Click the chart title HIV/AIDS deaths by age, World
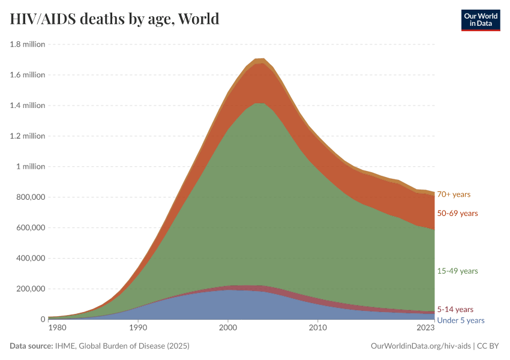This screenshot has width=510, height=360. point(115,19)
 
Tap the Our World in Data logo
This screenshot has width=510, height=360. point(480,19)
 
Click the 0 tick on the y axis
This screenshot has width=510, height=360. point(42,319)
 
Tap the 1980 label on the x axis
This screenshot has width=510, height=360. point(57,328)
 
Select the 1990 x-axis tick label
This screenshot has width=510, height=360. point(138,328)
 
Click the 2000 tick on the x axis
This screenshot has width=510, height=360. point(227,328)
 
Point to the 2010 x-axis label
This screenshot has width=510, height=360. point(317,328)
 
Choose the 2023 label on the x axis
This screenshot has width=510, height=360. point(425,328)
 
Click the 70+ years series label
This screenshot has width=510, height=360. point(454,194)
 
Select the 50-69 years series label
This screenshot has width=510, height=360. point(457,214)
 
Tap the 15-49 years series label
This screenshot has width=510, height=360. point(457,271)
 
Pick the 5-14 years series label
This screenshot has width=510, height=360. point(455,310)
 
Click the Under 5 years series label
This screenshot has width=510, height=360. point(460,320)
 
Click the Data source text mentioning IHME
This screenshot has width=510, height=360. point(98,346)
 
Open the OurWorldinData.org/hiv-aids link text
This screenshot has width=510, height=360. point(420,346)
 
